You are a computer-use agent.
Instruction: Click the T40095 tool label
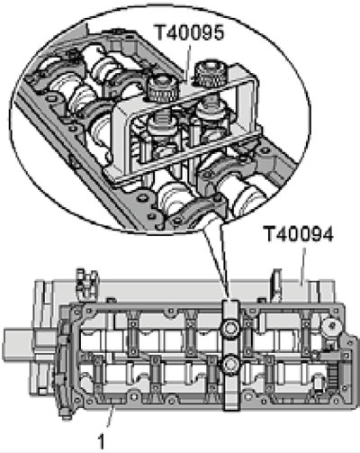(189, 32)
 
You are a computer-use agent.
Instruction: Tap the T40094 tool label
(299, 234)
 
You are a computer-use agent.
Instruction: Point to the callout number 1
(102, 442)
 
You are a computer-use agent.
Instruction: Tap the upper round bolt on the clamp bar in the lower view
(230, 329)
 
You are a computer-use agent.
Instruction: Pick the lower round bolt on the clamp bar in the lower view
(230, 364)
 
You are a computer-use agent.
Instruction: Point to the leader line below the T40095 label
(187, 62)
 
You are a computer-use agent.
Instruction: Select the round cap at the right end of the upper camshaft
(330, 326)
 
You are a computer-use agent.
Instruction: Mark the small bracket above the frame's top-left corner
(87, 284)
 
